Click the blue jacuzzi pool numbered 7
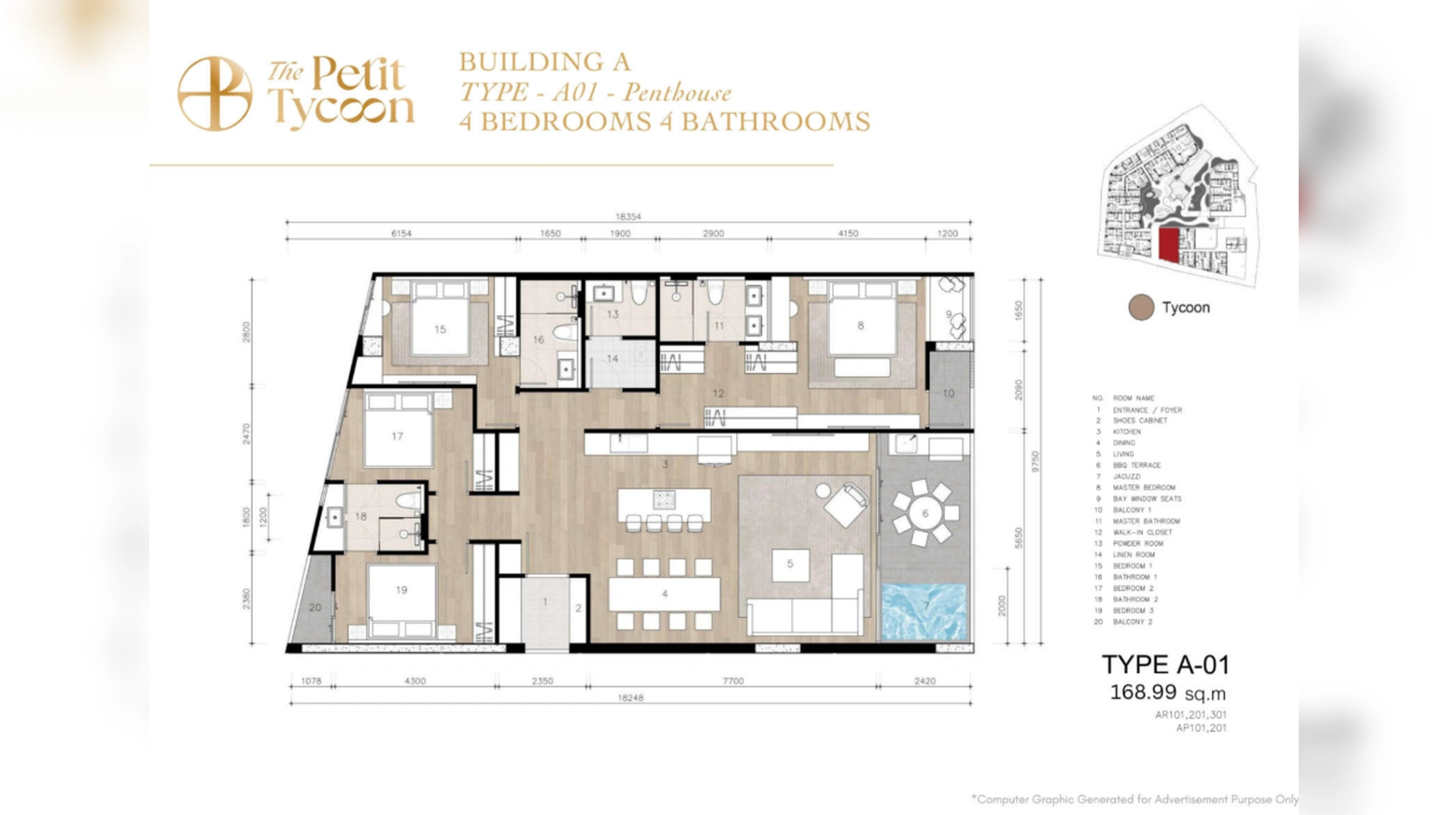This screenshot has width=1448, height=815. pos(925,611)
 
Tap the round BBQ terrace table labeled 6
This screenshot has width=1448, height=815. pos(925,514)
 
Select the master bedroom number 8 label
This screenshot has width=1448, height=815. pos(861,326)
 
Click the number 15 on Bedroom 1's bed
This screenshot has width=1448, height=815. pos(440,329)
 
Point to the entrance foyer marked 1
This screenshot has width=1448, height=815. pos(545,603)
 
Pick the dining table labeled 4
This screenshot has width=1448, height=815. pos(664,595)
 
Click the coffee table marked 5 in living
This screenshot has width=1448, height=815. pos(790,564)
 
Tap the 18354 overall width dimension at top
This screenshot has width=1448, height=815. pos(628,217)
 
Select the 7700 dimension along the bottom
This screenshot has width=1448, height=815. pos(733,681)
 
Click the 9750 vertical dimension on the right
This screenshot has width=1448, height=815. pos(1035,462)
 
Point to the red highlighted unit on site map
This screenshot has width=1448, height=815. pos(1168,244)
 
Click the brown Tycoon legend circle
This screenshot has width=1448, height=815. pos(1141,308)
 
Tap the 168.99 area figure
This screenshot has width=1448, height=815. pos(1143,692)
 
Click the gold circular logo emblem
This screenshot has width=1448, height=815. pos(215,94)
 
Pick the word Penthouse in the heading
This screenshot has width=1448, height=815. pos(677,93)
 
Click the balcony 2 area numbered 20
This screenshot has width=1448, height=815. pos(315,607)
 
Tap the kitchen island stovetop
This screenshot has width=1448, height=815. pos(664,499)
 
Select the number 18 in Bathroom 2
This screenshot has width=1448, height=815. pos(360,517)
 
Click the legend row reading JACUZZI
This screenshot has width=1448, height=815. pos(1126,476)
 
